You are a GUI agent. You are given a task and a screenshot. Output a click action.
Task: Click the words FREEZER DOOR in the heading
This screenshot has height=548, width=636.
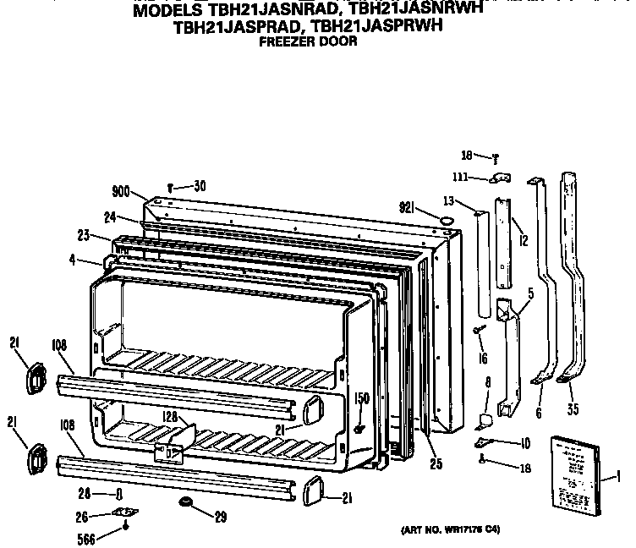pyautogui.click(x=308, y=41)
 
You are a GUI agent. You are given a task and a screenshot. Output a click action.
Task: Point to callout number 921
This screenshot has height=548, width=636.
pyautogui.click(x=410, y=206)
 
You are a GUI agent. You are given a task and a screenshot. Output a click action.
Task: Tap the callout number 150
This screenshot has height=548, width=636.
pyautogui.click(x=361, y=397)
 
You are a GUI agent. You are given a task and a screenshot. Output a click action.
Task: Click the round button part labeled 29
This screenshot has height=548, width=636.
pyautogui.click(x=184, y=505)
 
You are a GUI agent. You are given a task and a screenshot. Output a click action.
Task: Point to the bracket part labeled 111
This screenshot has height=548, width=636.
pyautogui.click(x=501, y=178)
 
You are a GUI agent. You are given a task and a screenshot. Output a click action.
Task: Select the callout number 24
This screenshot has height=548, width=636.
pyautogui.click(x=110, y=216)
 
